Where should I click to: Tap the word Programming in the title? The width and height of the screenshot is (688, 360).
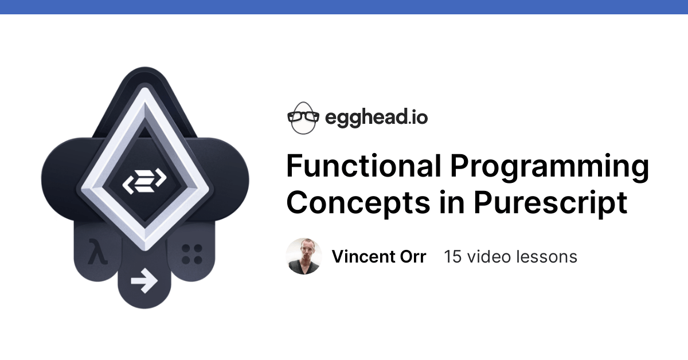click(549, 167)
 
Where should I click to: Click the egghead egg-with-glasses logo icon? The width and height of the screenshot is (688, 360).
click(302, 118)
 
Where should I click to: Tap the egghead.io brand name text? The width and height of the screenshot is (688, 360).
click(376, 118)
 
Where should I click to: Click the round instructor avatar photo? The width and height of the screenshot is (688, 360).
click(304, 256)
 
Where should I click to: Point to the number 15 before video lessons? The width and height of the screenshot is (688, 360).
click(453, 256)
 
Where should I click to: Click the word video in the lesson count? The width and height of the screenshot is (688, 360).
click(492, 256)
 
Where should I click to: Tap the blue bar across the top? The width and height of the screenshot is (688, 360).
click(344, 7)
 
